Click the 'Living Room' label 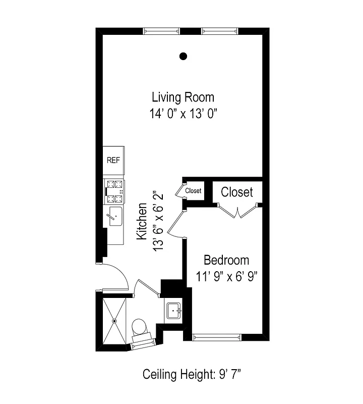click(x=183, y=96)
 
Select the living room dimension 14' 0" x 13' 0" click(x=183, y=114)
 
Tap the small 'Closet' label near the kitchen click(x=193, y=191)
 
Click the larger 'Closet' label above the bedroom click(x=237, y=192)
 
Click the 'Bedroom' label click(x=226, y=260)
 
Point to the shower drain click(x=115, y=320)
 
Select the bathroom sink click(x=174, y=309)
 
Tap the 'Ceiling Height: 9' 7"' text click(x=194, y=375)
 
